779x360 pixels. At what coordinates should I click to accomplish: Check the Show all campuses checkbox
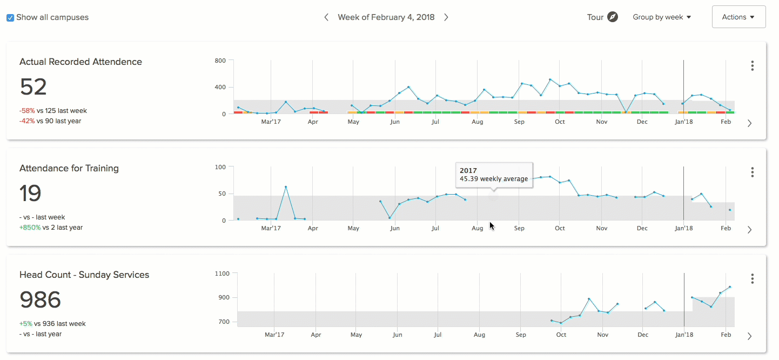(10, 18)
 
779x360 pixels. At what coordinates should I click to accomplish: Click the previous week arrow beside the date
(326, 17)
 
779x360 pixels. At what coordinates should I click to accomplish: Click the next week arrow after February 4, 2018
(446, 17)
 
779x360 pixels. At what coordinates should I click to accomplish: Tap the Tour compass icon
(612, 17)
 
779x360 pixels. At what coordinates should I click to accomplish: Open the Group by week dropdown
(662, 17)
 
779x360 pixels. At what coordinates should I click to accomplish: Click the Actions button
(738, 17)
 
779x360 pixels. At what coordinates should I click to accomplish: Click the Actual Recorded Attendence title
(80, 62)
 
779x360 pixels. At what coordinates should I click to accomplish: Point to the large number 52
(33, 87)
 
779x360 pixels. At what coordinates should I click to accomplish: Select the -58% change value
(27, 111)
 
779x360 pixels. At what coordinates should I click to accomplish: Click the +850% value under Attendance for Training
(30, 228)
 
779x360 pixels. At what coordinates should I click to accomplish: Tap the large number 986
(41, 299)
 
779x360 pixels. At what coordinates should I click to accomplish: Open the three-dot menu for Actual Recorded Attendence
(752, 66)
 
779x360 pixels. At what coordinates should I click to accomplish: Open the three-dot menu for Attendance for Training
(752, 172)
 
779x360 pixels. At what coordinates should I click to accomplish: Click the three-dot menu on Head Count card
(752, 279)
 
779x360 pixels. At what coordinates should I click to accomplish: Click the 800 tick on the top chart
(220, 61)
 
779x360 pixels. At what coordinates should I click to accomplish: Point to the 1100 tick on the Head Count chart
(223, 274)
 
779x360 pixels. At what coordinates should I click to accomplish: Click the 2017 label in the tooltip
(468, 170)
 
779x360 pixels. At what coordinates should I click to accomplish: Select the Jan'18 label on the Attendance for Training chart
(683, 229)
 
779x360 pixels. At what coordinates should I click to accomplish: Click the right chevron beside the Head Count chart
(749, 336)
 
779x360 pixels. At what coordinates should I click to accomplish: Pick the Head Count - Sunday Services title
(84, 275)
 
